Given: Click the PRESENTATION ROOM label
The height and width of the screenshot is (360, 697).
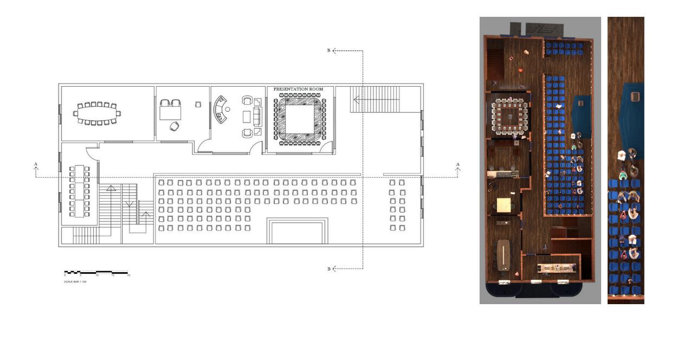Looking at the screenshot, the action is pos(298,89).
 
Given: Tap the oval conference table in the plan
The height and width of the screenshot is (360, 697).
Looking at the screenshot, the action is pos(97,113).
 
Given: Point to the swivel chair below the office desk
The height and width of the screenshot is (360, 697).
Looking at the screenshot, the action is pos(173,126).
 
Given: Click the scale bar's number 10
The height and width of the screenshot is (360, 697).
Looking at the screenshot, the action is pos(96,276).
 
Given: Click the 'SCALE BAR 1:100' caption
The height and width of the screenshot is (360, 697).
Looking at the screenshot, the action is pos(75,282).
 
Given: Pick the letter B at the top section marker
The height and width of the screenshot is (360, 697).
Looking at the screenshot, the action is pos(328,50).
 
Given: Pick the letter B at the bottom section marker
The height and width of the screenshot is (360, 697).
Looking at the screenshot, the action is pos(328,269).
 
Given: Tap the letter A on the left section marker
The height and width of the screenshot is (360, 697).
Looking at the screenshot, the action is pos(36,164).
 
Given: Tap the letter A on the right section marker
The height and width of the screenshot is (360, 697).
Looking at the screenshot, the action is pos(458,164).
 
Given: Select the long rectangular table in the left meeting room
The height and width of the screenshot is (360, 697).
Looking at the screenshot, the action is pos(79,190).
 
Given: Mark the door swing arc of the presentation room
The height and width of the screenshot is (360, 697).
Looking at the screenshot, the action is pos(326,147).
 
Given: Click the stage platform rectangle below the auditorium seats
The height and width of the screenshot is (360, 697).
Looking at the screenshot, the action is pos(297,232).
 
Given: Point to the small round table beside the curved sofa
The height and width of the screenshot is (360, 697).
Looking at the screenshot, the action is pos(228,110).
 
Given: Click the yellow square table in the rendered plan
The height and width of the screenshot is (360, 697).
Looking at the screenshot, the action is pos(504,205).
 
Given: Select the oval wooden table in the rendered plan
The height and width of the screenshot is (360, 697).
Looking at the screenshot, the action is pos(505,254).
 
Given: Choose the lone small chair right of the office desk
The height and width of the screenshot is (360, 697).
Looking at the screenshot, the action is pos(198,104).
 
